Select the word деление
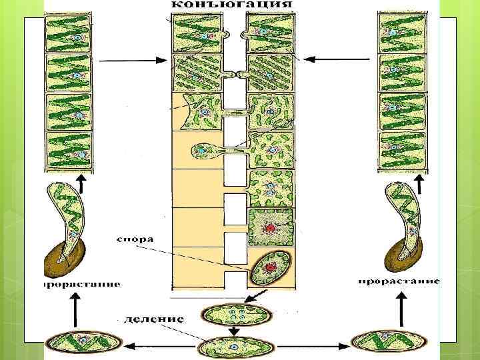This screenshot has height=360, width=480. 154,319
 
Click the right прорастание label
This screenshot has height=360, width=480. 399,281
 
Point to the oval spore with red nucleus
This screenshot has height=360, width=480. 270,267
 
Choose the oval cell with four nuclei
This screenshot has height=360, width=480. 237,313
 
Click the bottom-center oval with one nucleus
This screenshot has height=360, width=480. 235,347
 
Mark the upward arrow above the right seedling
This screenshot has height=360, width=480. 421,183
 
